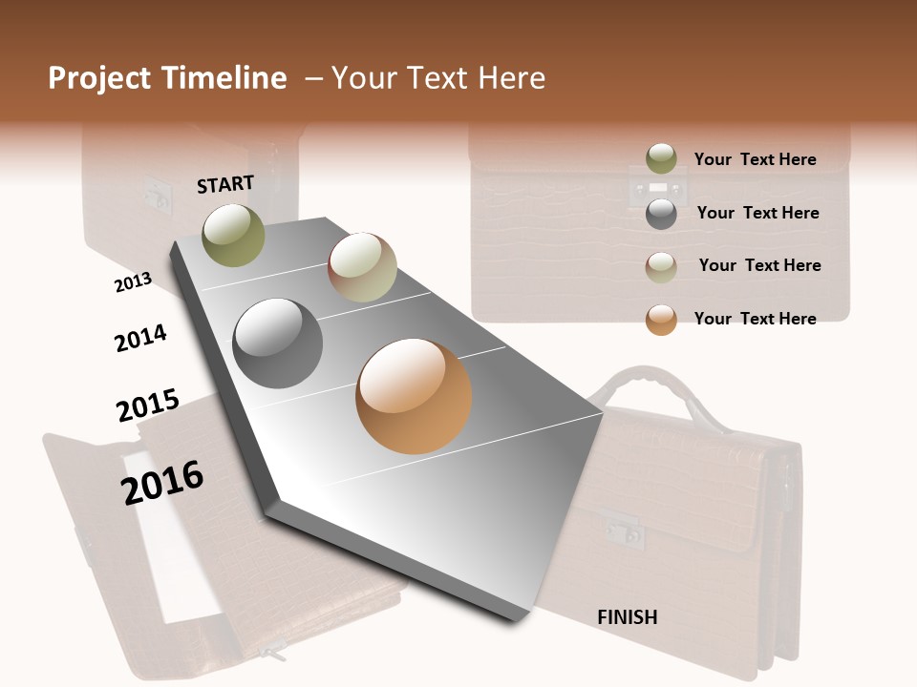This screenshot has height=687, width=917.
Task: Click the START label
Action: [x=225, y=184]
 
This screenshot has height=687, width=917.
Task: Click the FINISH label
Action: [x=627, y=617]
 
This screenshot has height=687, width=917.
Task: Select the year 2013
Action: [x=133, y=281]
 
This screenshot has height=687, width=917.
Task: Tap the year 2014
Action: [x=140, y=338]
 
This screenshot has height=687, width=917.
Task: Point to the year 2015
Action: [x=148, y=406]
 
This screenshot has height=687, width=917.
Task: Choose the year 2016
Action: [x=162, y=483]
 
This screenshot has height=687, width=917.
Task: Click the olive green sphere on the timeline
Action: [x=233, y=234]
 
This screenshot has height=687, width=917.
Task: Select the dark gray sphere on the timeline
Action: [x=278, y=343]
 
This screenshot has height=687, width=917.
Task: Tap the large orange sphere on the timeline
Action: [x=414, y=396]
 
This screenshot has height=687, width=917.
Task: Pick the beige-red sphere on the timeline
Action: [x=362, y=267]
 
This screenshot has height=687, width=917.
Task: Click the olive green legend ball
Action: [x=661, y=158]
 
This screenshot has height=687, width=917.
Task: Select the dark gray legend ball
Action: [x=661, y=214]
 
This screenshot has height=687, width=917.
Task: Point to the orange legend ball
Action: [x=661, y=320]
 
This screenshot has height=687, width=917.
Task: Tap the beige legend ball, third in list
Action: [x=661, y=266]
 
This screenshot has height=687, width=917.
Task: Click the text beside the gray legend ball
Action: [x=757, y=213]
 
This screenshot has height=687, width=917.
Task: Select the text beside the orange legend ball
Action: [x=755, y=319]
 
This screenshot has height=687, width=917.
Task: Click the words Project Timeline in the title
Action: [x=167, y=78]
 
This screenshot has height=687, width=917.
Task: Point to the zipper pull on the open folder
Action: [x=272, y=655]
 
